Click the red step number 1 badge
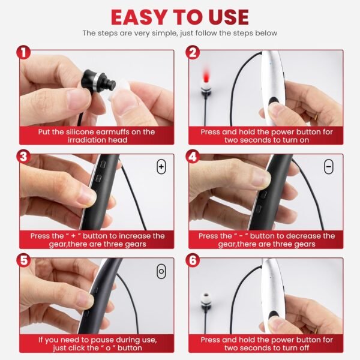coord(24,53)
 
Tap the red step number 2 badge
coord(193,53)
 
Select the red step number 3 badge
coord(24,157)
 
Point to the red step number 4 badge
coord(193,157)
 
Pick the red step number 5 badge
coord(24,262)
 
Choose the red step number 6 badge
coord(193,262)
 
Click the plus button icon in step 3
coord(161,167)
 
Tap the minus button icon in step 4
coord(329,167)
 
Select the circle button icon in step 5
coord(161,271)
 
